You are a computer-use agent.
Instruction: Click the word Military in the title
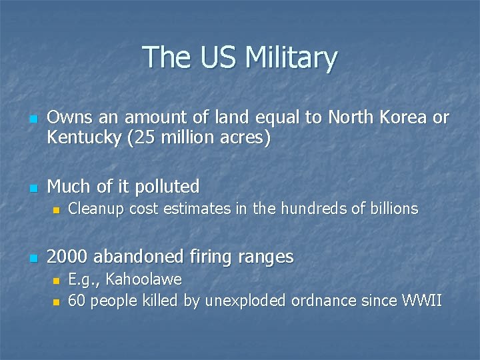coord(291,58)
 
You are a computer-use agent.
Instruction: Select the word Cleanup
coord(95,209)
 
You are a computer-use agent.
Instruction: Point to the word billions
coord(393,209)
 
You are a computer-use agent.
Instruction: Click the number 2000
coord(68,257)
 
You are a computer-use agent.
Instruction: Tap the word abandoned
coord(140,257)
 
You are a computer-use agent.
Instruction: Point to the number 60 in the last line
coord(77,301)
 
